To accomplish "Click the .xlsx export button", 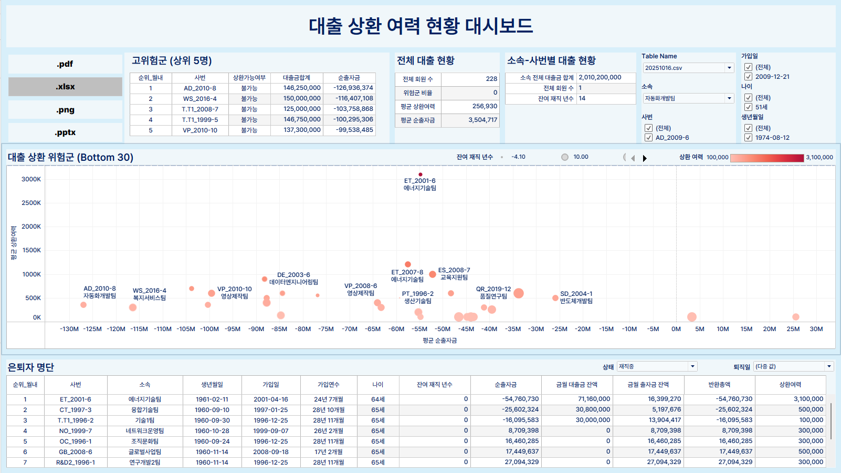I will (x=65, y=87).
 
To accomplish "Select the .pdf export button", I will (x=65, y=64).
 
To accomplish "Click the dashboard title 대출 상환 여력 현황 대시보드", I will (x=420, y=26).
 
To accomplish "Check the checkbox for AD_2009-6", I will (x=648, y=138).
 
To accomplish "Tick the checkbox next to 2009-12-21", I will (x=748, y=77).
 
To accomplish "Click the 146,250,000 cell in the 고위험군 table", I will (x=302, y=88).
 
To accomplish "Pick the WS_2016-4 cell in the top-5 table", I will (x=199, y=99).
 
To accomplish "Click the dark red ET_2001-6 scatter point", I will (x=420, y=174).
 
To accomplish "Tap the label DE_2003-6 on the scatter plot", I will (x=293, y=275).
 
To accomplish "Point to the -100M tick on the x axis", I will (x=209, y=329).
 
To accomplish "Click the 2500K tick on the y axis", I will (x=31, y=203).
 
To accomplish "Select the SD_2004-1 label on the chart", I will (x=576, y=294).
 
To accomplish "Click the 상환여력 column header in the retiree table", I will (x=790, y=385).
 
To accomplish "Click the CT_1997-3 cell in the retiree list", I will (x=75, y=410).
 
